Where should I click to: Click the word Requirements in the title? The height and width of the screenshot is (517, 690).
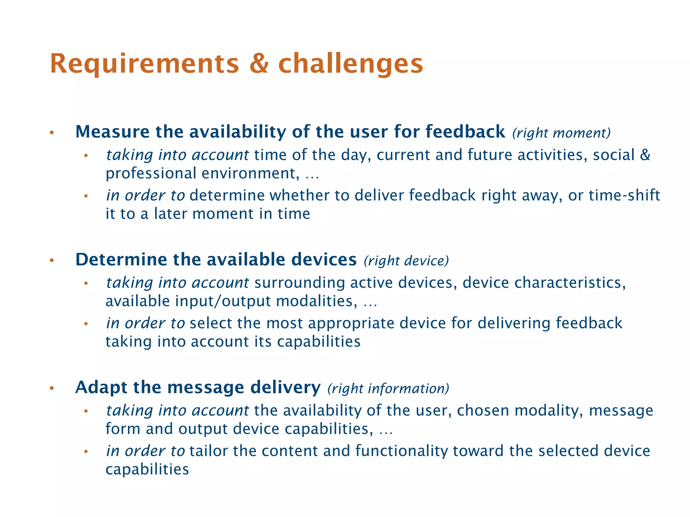coord(144,64)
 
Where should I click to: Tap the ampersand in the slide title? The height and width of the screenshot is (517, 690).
coord(259,64)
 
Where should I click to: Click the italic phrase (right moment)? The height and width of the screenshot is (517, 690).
coord(561,133)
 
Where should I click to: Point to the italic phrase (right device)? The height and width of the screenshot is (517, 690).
coord(406,261)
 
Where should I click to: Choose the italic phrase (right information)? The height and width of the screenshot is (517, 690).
coord(388,388)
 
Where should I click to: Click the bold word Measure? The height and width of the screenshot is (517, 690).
coord(112,132)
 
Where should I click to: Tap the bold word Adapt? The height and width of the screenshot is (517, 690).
coord(101,387)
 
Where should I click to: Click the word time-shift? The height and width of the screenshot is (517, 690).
coord(624,195)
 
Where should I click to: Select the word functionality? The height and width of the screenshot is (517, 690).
coord(401,451)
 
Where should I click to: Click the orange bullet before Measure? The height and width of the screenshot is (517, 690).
coord(52,133)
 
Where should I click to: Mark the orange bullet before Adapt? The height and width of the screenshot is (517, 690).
coord(52,388)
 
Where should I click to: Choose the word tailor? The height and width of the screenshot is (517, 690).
coord(209,451)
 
